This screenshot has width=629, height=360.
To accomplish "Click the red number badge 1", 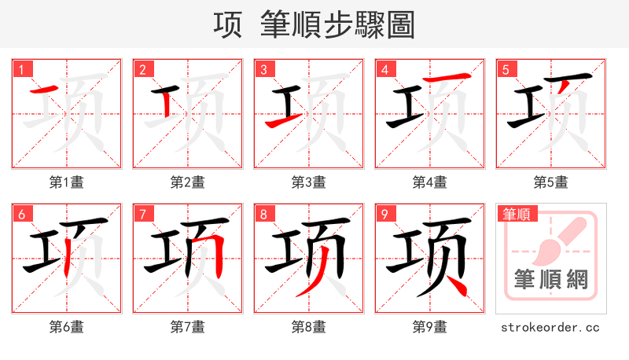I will [x=21, y=70].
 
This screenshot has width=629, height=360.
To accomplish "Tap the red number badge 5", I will [x=506, y=70].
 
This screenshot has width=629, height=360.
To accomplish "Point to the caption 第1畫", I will [x=66, y=182].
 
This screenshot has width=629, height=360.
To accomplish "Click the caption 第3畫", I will [x=308, y=182].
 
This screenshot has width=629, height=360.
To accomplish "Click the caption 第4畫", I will [x=429, y=182].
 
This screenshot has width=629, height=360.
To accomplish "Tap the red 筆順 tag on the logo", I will [x=515, y=214].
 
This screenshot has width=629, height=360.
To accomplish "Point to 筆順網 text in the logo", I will [x=550, y=279].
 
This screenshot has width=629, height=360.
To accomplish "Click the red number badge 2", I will [x=142, y=70].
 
